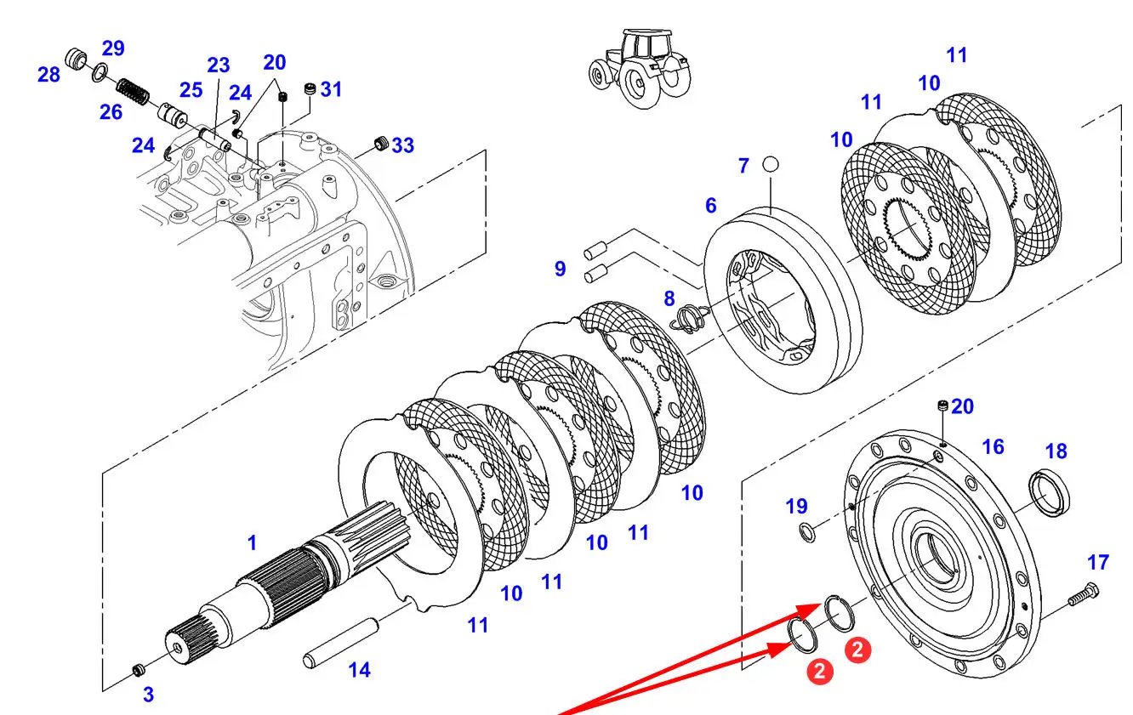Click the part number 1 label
pyautogui.click(x=252, y=542)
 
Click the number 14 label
pyautogui.click(x=359, y=670)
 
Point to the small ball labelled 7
pyautogui.click(x=771, y=163)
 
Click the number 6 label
pyautogui.click(x=710, y=205)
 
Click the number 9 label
pyautogui.click(x=560, y=269)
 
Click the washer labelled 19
pyautogui.click(x=806, y=533)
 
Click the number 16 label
pyautogui.click(x=993, y=447)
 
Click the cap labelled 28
pyautogui.click(x=77, y=59)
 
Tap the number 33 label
pyautogui.click(x=402, y=145)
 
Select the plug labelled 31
pyautogui.click(x=310, y=89)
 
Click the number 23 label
pyautogui.click(x=219, y=65)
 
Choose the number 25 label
pyautogui.click(x=191, y=90)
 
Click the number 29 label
pyautogui.click(x=113, y=48)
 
